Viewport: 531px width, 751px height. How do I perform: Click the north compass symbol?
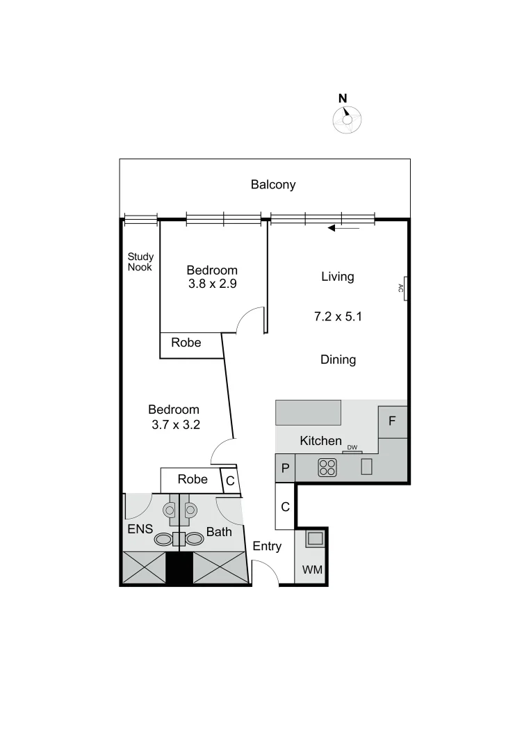(346, 119)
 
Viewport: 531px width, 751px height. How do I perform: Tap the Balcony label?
(273, 185)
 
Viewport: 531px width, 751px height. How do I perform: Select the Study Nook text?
(140, 262)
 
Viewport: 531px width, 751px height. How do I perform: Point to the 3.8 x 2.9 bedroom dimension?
(213, 284)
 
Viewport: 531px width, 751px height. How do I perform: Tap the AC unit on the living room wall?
(402, 288)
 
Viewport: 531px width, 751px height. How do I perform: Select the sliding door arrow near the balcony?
(343, 227)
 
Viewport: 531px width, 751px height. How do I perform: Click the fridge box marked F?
(392, 422)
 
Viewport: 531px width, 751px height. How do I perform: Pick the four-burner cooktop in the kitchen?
(327, 468)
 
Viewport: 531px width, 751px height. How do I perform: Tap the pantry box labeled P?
(285, 467)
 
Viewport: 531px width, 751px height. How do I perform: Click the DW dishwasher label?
(352, 447)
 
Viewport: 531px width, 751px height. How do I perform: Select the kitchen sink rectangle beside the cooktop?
(367, 467)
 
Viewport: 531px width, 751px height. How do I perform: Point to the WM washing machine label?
(311, 570)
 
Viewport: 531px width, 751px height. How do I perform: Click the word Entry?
(267, 547)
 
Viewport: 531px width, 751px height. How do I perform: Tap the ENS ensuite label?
(140, 529)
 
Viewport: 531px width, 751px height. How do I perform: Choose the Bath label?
(219, 533)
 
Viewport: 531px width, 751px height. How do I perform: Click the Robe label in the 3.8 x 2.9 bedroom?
(186, 343)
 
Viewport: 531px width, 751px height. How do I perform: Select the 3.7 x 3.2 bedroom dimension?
(176, 425)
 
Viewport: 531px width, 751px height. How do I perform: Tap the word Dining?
(338, 360)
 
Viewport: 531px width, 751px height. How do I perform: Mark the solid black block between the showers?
(179, 568)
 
